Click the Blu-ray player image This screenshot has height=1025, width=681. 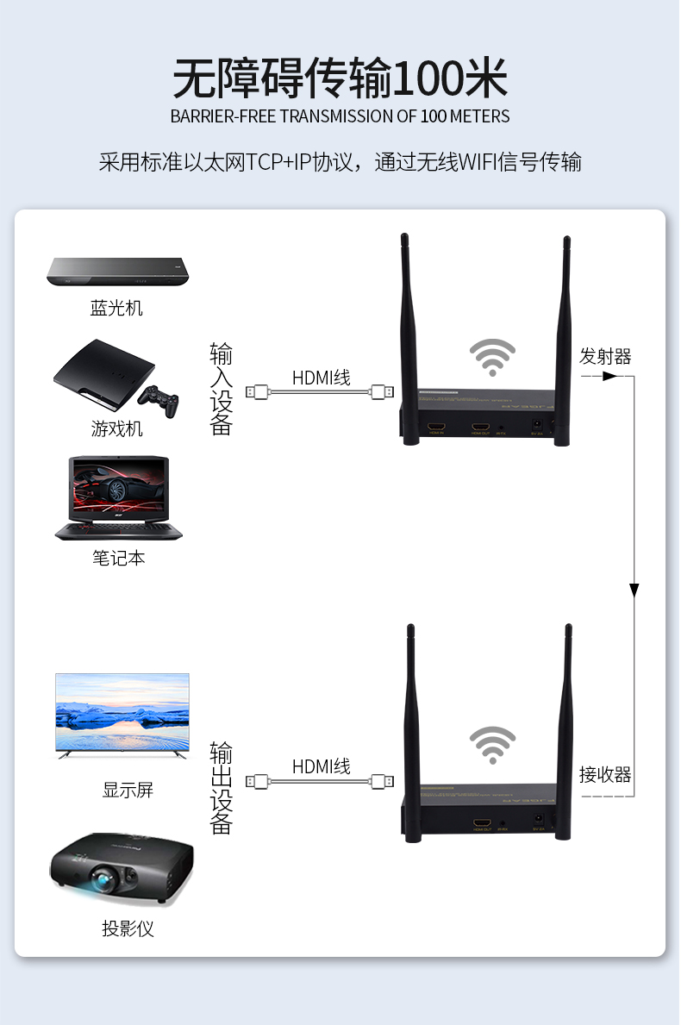click(x=117, y=272)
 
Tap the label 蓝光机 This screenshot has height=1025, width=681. click(x=116, y=308)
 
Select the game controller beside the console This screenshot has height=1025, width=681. click(x=159, y=400)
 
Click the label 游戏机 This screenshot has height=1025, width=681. click(x=116, y=428)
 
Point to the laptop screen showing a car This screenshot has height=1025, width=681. click(x=119, y=488)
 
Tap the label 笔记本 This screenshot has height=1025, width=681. click(x=118, y=558)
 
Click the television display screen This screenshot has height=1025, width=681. click(x=122, y=712)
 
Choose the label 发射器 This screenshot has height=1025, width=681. click(x=605, y=356)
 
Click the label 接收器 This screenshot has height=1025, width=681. click(x=605, y=774)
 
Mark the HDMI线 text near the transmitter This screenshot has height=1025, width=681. click(x=321, y=377)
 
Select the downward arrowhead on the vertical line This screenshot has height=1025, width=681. click(x=634, y=591)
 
